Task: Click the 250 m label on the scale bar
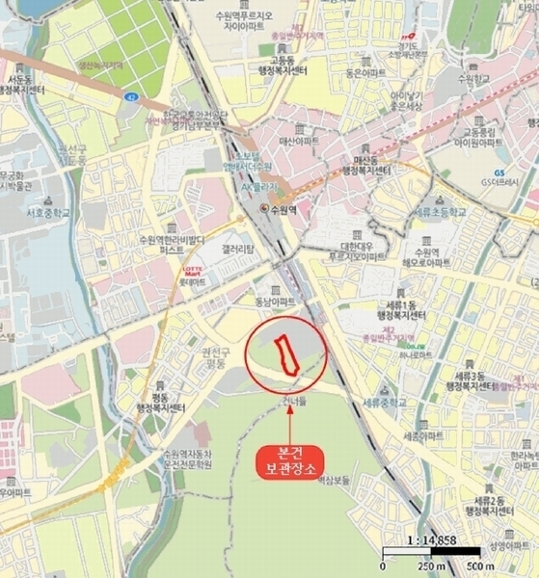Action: click(428, 565)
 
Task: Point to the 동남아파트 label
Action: click(273, 302)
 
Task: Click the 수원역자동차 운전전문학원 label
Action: click(189, 460)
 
